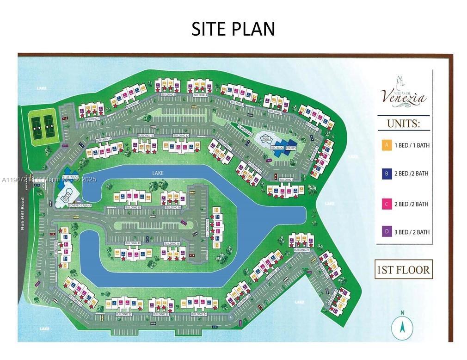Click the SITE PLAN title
tap(233, 29)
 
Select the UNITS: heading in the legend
tap(403, 124)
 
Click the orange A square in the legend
tap(386, 145)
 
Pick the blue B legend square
tap(386, 174)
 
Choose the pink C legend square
tap(386, 204)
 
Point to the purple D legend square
tap(386, 232)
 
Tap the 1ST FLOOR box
tap(403, 269)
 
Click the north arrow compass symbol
tap(402, 327)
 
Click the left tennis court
tap(36, 123)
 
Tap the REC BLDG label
tap(277, 148)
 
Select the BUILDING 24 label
tap(198, 314)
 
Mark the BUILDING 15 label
tap(133, 208)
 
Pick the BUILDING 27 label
tap(301, 250)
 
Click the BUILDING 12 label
tap(181, 135)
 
